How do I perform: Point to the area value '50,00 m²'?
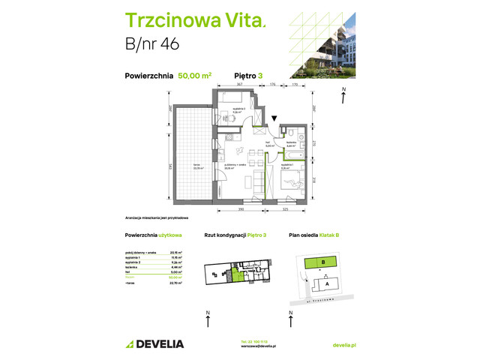(x=194, y=75)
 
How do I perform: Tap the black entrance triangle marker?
(x=275, y=118)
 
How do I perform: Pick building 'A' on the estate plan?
(x=327, y=283)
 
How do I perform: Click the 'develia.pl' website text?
(x=343, y=344)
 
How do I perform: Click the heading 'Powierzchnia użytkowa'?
(x=151, y=235)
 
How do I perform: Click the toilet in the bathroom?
(x=298, y=138)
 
